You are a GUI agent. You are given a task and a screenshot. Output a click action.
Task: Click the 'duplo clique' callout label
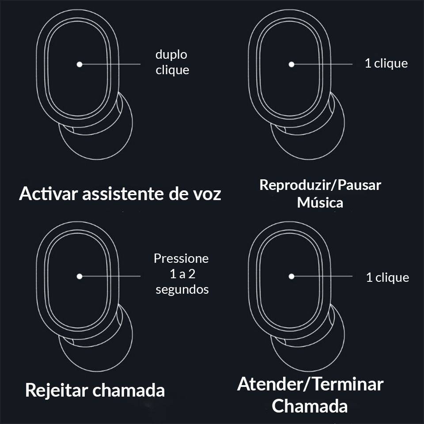pos(172,62)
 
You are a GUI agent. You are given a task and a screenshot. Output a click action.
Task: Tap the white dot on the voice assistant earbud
pos(79,64)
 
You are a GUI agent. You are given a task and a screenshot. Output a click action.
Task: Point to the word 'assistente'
pos(123,194)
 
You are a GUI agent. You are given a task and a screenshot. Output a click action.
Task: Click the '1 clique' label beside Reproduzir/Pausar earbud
pos(386,64)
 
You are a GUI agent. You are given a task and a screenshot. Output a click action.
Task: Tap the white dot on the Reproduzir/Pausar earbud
pos(291,64)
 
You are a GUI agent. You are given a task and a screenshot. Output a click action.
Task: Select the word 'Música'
pos(320,203)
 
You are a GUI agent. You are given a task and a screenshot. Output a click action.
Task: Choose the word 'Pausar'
pos(360,185)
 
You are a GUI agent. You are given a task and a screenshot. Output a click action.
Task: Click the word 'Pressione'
pos(181,258)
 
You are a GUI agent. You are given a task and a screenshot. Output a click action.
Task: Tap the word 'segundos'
pos(182,290)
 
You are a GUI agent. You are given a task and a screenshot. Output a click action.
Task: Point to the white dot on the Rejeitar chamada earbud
pos(79,276)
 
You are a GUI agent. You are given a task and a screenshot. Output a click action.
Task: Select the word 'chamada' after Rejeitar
pos(129,390)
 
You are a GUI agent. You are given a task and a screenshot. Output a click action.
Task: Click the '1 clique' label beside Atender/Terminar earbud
pos(387,278)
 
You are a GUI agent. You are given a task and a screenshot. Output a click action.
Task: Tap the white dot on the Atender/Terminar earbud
pos(291,276)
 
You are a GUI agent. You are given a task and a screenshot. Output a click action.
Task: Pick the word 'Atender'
pos(270,384)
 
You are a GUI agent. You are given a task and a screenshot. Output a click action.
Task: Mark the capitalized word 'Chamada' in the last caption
pos(310,406)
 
